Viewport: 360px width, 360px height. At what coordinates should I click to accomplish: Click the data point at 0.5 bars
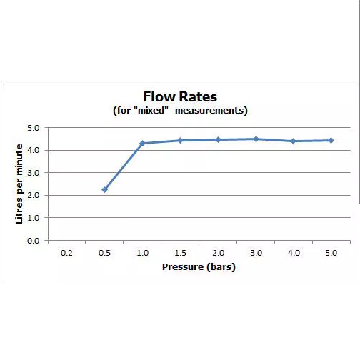104,190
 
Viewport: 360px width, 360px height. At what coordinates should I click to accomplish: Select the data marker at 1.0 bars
142,144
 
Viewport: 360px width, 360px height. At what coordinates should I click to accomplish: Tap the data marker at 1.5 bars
180,141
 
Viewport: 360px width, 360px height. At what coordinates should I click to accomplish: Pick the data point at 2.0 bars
218,140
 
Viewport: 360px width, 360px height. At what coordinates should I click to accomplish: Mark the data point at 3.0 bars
256,139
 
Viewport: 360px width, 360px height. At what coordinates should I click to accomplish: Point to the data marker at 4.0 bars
294,141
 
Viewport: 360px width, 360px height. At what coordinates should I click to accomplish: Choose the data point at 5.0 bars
331,141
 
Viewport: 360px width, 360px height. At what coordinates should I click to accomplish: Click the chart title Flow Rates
180,96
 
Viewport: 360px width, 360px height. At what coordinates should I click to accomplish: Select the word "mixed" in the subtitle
151,110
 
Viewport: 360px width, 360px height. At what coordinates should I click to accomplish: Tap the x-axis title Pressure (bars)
199,267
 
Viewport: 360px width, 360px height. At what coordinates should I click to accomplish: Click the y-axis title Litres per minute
19,184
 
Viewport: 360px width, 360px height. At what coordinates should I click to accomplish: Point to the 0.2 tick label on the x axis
66,253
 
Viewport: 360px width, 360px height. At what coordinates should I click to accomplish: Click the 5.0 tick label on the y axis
34,128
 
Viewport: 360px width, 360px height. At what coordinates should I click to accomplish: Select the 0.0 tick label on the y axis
34,241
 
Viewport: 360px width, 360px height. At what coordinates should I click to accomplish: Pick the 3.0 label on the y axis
34,173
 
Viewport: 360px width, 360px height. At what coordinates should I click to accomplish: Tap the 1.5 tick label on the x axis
180,253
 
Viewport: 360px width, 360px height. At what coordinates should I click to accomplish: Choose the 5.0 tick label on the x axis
331,253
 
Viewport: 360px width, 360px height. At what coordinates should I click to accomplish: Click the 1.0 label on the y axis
34,218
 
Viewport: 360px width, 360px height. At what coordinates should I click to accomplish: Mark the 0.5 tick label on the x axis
104,253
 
